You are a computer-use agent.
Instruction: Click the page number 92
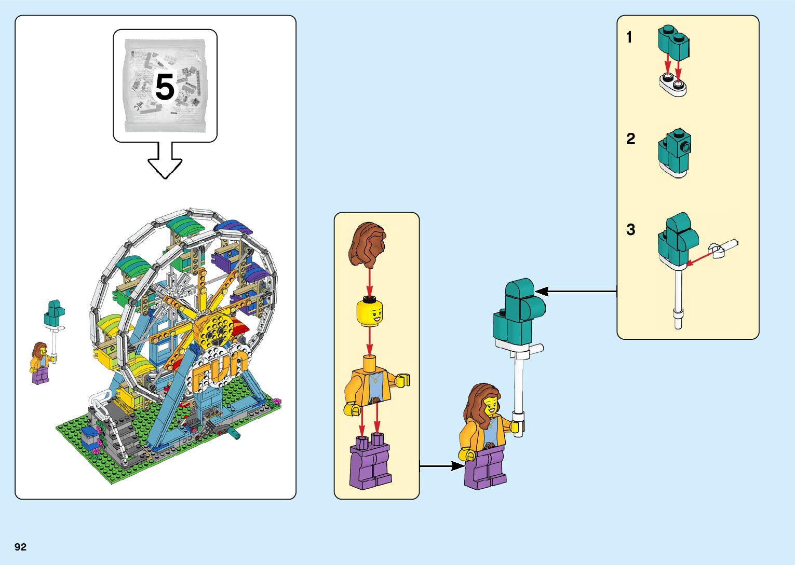(20, 547)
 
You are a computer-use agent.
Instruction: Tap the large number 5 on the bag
(165, 87)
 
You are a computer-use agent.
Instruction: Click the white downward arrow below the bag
(165, 164)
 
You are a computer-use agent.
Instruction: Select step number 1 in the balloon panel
(629, 37)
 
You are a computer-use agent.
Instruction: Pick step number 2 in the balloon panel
(630, 139)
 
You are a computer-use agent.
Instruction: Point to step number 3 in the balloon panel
(630, 229)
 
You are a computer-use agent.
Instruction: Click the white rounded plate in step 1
(673, 85)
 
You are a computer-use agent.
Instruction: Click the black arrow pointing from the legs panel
(441, 466)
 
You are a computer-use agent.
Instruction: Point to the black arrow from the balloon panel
(576, 292)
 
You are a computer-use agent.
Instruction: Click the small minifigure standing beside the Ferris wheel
(41, 363)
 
